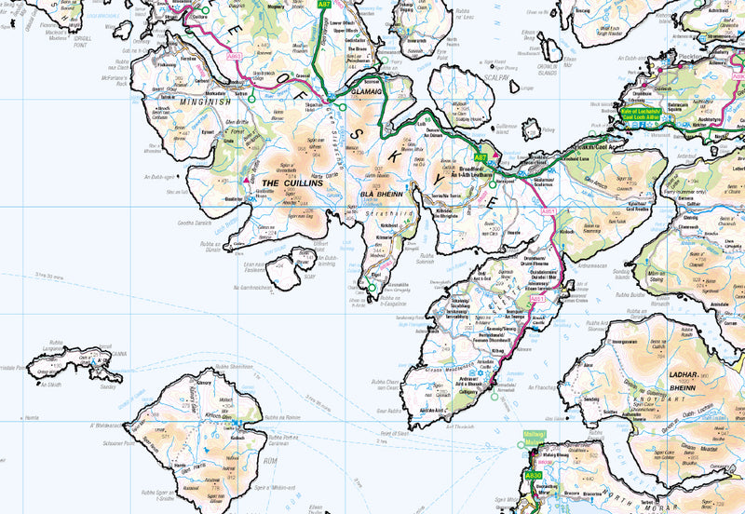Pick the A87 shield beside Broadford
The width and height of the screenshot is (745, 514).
click(x=481, y=158)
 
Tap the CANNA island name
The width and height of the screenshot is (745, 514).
click(x=118, y=353)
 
